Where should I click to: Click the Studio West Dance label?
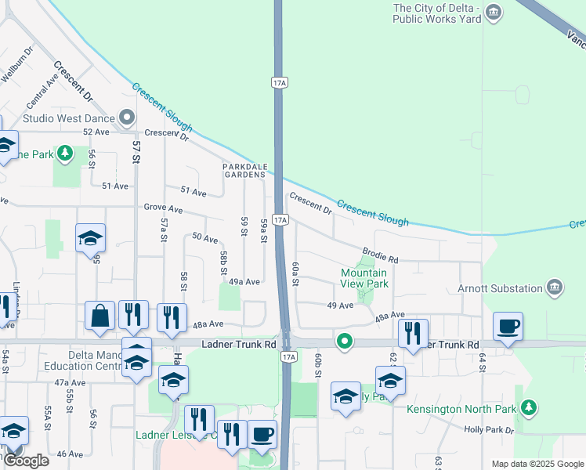click(x=68, y=118)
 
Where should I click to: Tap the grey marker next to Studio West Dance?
click(x=128, y=119)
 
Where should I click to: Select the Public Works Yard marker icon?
click(x=494, y=12)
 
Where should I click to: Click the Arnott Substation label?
click(x=501, y=288)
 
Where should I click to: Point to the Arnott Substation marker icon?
click(x=555, y=287)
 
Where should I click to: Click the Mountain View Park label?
click(x=364, y=278)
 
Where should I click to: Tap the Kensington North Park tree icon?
click(x=530, y=407)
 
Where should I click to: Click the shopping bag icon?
click(x=100, y=315)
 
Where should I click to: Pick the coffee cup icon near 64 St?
click(x=508, y=325)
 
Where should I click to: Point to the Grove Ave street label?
click(x=163, y=210)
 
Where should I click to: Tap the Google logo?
click(x=26, y=461)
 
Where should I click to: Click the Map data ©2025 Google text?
click(x=537, y=464)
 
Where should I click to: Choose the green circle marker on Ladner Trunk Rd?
click(x=344, y=341)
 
